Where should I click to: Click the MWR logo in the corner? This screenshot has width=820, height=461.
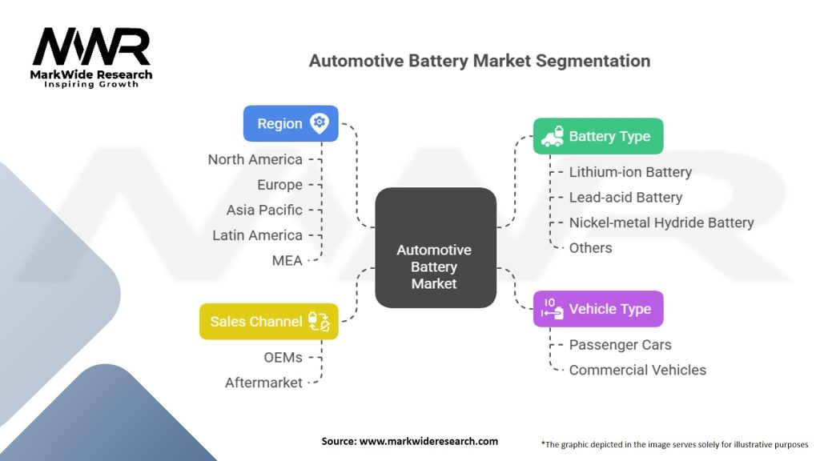91,56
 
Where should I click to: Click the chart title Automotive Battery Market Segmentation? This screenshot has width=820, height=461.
479,61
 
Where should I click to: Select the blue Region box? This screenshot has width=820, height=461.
290,123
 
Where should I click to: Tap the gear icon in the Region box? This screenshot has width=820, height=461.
320,122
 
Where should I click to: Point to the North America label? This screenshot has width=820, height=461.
255,159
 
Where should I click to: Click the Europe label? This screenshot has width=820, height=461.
279,185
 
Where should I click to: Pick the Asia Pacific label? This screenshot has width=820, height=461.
264,210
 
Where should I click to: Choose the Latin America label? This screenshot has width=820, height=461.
257,235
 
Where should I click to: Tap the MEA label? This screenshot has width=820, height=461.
287,260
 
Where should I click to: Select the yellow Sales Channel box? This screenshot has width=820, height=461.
268,321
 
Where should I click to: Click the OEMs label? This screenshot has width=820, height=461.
283,357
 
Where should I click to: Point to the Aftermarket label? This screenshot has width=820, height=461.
263,383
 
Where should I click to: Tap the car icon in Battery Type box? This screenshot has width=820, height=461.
551,137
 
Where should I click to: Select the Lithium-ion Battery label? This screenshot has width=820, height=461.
629,172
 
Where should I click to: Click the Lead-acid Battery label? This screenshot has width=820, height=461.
625,198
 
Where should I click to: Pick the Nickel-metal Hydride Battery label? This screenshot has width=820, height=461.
661,222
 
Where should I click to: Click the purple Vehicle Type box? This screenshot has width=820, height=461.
598,309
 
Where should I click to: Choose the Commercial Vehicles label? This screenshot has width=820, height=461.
637,370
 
